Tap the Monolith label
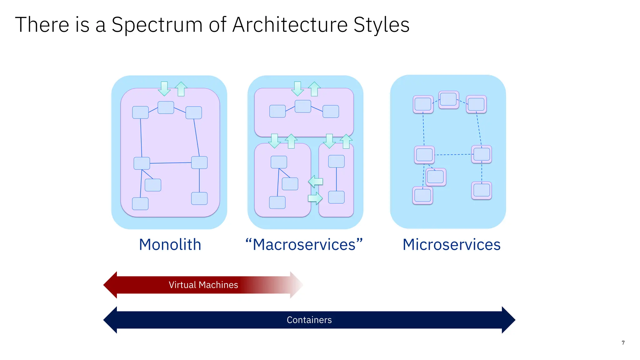coord(170,245)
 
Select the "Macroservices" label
coord(304,245)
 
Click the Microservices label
coord(451,245)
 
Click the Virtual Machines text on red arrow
coord(203,285)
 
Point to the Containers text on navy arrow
coord(309,320)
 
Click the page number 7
coord(623,343)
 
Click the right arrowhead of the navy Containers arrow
coord(508,320)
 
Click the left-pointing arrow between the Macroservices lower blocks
coord(315,181)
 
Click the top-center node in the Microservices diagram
coord(448,99)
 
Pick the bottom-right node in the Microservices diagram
coord(482,190)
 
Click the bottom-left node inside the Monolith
coord(140,203)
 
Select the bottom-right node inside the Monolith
coord(199,198)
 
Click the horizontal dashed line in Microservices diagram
coord(453,154)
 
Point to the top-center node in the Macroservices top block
coord(303,106)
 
